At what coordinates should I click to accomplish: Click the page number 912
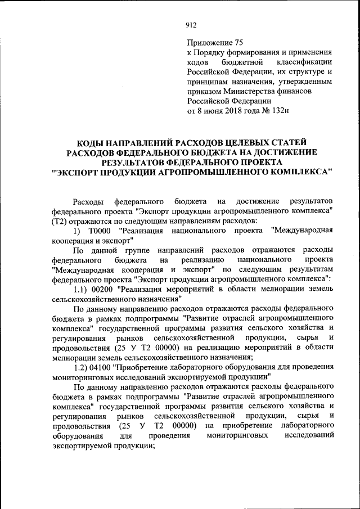(x=190, y=24)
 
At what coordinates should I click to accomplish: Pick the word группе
(x=142, y=250)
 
